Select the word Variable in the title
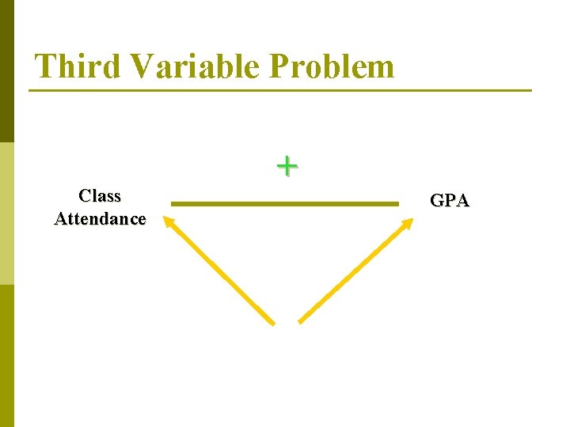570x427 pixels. coord(196,66)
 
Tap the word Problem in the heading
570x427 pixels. coord(331,66)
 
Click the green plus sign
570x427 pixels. coord(287,166)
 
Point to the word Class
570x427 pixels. coord(100,195)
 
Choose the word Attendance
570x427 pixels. coord(100,218)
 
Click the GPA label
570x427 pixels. coord(449,201)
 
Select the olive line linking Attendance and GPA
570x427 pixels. coord(285,204)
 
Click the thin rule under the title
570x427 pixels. coord(280,90)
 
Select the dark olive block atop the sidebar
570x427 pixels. coord(7,71)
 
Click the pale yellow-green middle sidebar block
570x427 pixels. coord(7,213)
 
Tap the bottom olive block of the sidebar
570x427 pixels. coord(7,356)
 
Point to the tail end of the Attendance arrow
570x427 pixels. coord(272,322)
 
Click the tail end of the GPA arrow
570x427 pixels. coord(301,321)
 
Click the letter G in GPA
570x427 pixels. coord(437,201)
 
